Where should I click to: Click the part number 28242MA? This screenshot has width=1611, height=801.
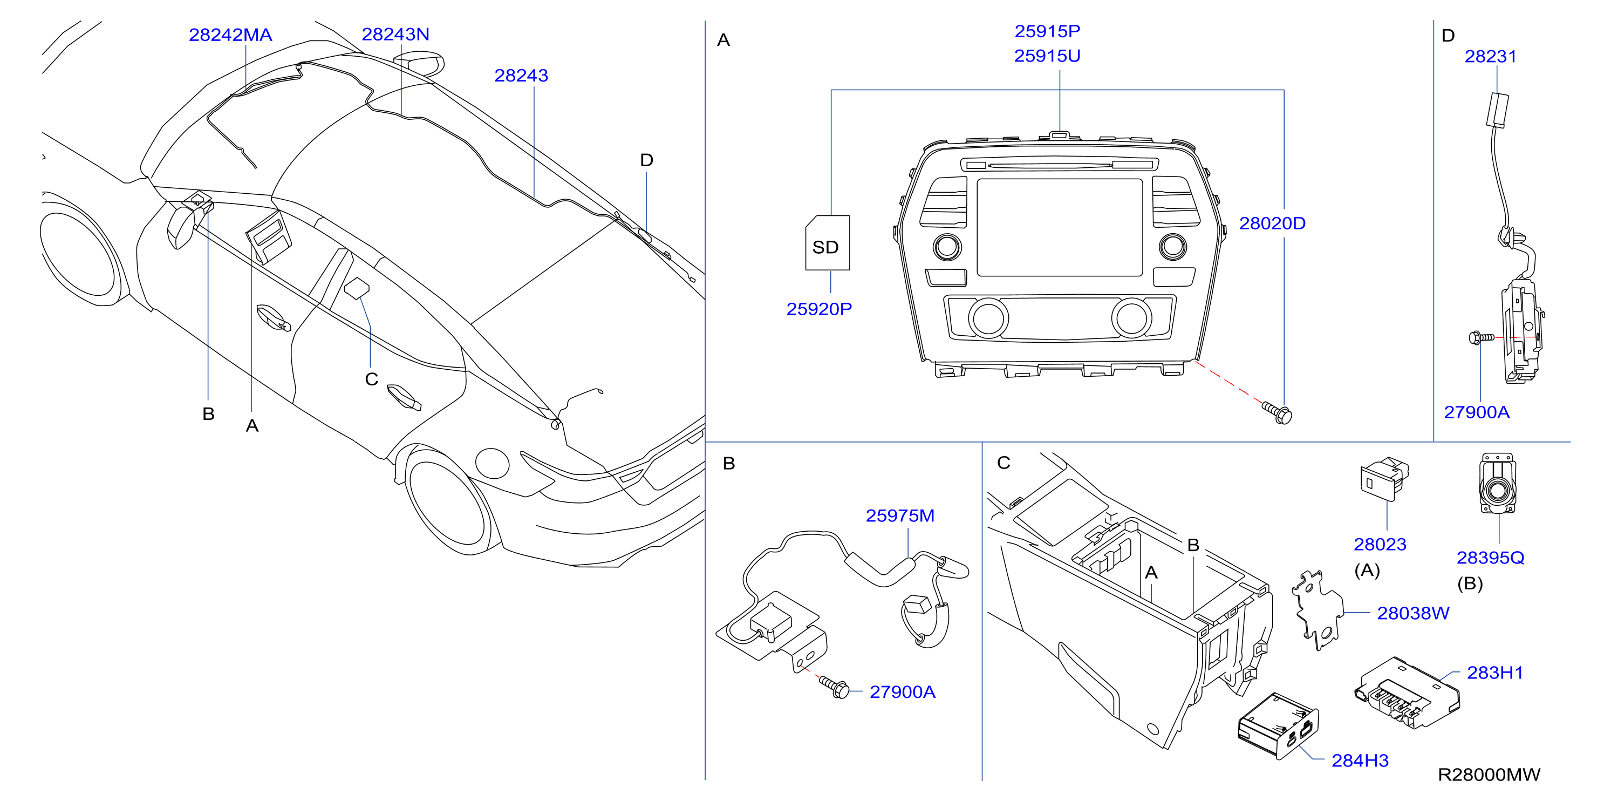point(230,35)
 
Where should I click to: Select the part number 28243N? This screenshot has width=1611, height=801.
point(395,35)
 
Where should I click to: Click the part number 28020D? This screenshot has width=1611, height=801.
point(1272,223)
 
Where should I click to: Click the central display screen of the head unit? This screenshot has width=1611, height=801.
point(1060,227)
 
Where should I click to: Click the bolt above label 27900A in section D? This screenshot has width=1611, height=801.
point(1481,338)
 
